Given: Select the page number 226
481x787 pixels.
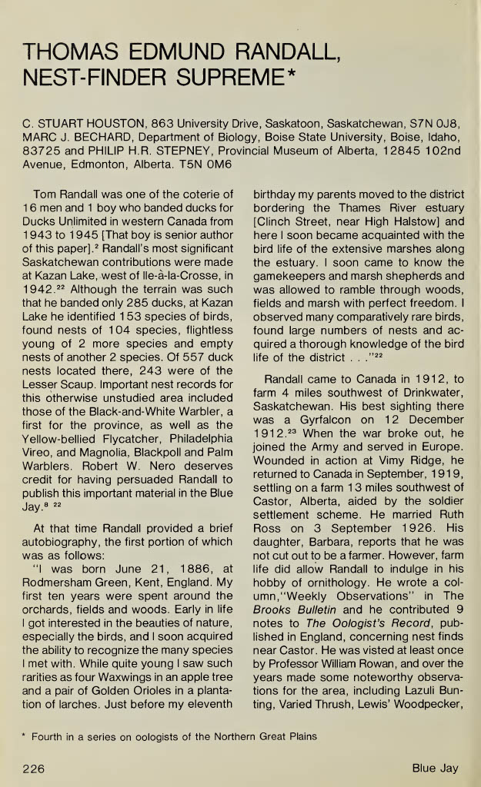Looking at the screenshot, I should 33,767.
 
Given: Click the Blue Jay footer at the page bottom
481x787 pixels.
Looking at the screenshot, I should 435,767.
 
